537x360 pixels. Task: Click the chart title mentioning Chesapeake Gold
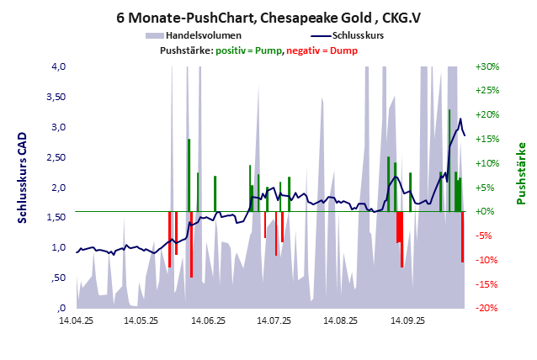click(x=268, y=18)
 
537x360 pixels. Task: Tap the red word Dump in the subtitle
click(x=344, y=50)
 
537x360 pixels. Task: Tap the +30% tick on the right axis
click(x=488, y=66)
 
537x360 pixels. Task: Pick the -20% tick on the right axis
click(x=488, y=308)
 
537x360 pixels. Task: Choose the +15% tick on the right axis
click(x=488, y=139)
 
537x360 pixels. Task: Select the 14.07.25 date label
click(x=274, y=320)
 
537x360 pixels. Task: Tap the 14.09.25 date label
click(x=407, y=320)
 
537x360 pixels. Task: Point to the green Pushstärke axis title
click(x=520, y=172)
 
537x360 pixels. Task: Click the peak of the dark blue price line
click(x=460, y=120)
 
